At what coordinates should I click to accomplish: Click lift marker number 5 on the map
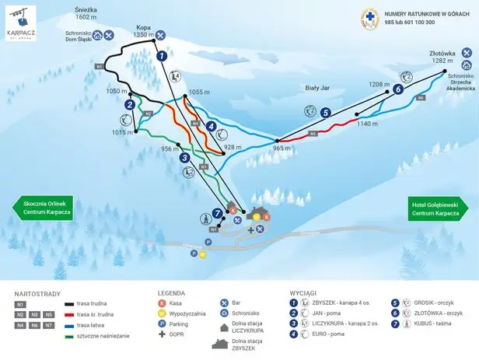pyautogui.click(x=325, y=112)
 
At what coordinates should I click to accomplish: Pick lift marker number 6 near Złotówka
pyautogui.click(x=397, y=89)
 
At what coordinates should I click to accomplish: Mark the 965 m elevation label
pyautogui.click(x=281, y=148)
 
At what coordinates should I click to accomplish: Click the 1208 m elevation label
pyautogui.click(x=378, y=83)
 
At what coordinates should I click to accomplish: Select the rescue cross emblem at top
pyautogui.click(x=370, y=18)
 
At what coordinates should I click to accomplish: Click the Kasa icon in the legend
pyautogui.click(x=162, y=302)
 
